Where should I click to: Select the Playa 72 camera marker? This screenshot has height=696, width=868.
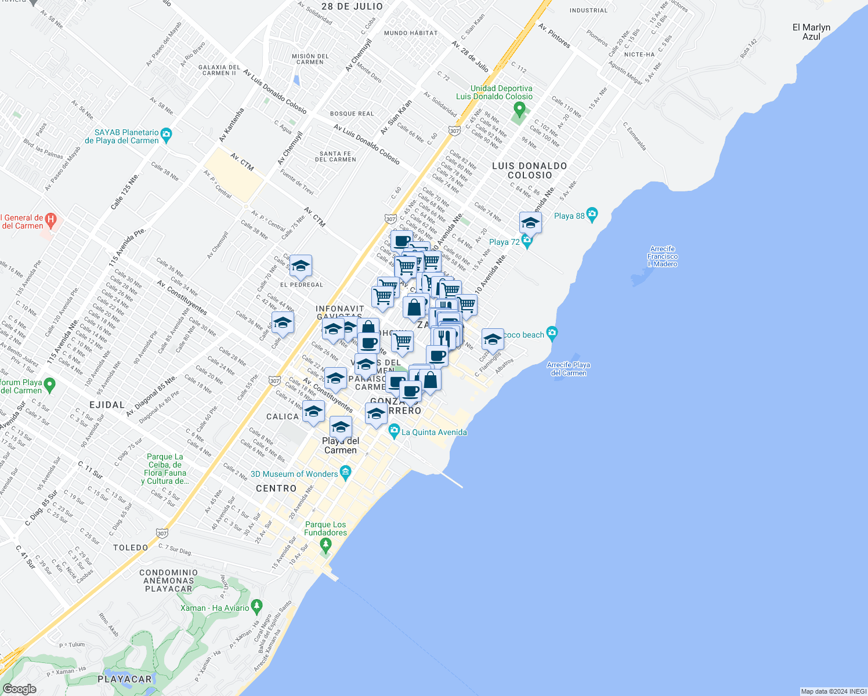(527, 241)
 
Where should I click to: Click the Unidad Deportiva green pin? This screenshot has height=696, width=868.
(519, 108)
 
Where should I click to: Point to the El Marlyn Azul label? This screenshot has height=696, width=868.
(811, 32)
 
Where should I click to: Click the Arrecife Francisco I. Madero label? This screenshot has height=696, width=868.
(663, 256)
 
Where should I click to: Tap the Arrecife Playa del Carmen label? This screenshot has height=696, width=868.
(569, 369)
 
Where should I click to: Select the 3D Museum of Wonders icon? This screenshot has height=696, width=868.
(346, 473)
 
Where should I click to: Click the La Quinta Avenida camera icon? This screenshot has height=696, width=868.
(395, 432)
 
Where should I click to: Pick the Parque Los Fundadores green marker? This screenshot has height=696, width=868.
(325, 545)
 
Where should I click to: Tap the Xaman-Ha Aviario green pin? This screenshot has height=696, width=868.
(257, 607)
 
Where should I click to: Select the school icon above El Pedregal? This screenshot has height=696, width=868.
(301, 266)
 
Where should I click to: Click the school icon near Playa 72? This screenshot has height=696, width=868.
(530, 223)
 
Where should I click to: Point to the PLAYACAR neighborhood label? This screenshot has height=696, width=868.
(125, 679)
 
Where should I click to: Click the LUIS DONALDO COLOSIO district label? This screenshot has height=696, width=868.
(529, 170)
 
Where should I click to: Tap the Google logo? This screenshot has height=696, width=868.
(19, 689)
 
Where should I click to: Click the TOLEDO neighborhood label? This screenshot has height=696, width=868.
(131, 548)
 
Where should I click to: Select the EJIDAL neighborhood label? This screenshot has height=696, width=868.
(107, 405)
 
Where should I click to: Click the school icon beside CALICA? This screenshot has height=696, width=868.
(313, 412)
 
